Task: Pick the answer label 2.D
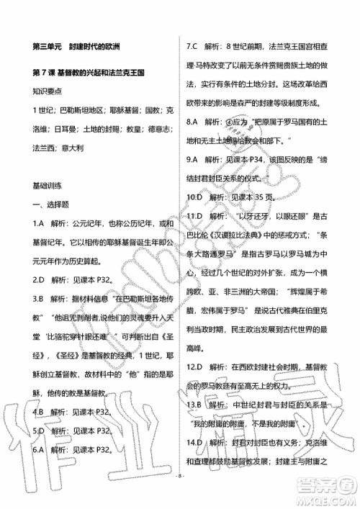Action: coord(40,277)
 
